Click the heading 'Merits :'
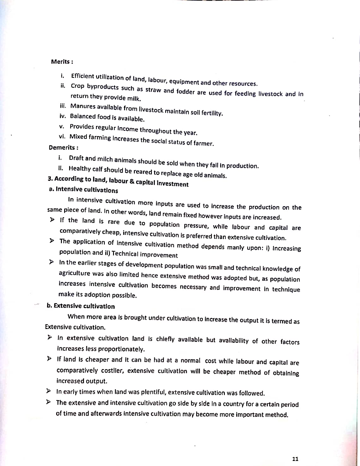tap(62, 62)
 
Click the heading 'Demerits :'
tap(63, 147)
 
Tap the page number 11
tap(295, 459)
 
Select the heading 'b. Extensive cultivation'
tap(81, 306)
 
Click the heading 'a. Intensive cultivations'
tap(83, 190)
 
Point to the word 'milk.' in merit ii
tap(134, 99)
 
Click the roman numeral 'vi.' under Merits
tap(62, 136)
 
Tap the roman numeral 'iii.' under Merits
tap(63, 106)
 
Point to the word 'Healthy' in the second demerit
tap(79, 169)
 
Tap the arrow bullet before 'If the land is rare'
tap(52, 220)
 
